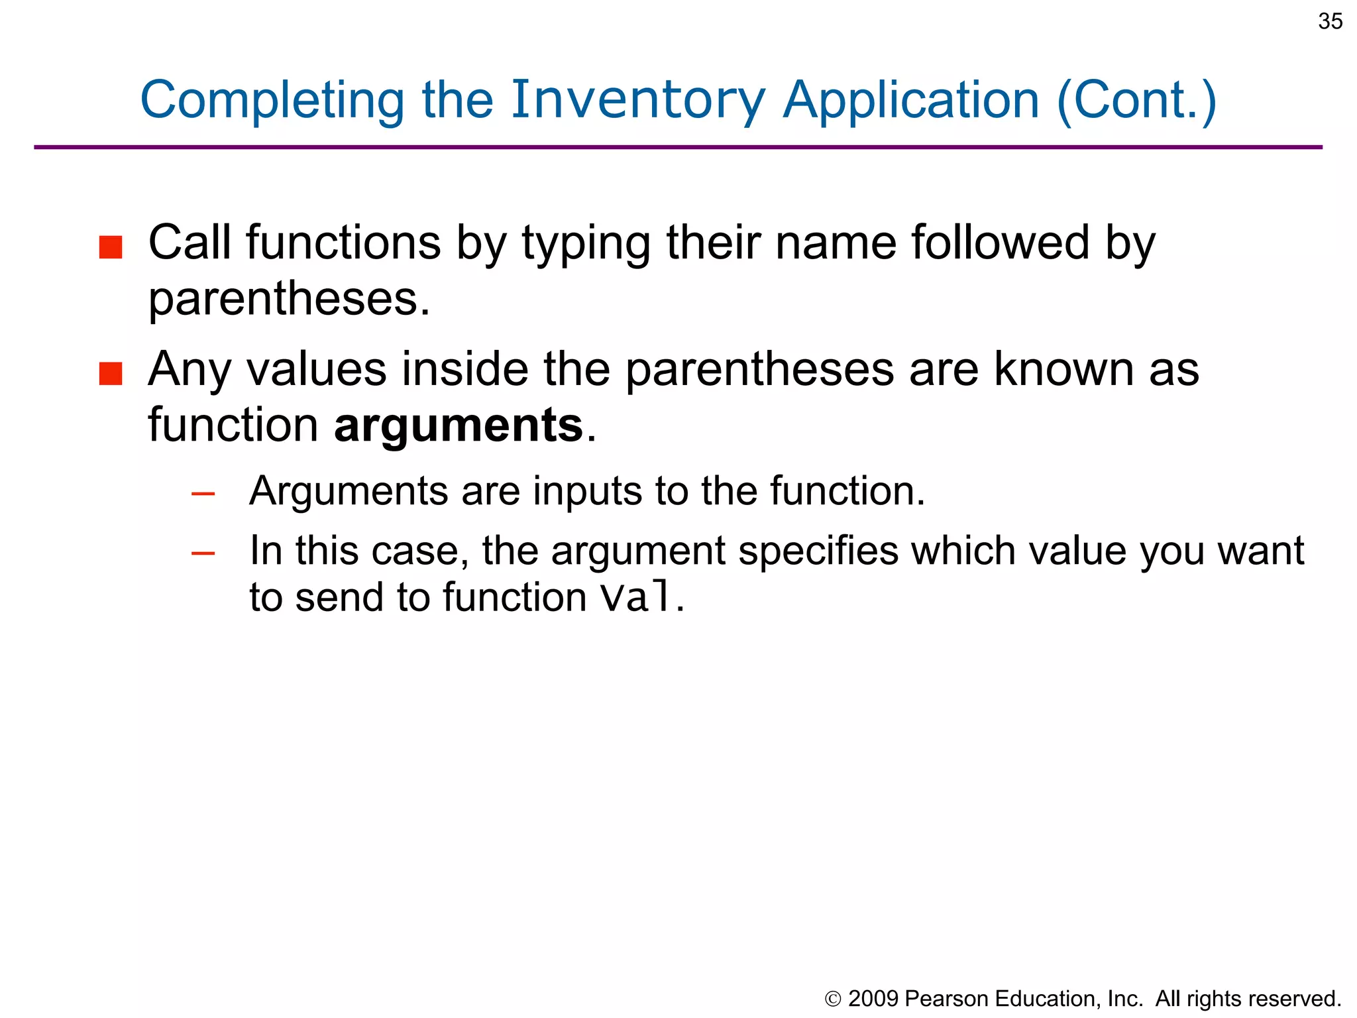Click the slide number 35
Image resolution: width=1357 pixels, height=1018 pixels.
[x=1330, y=22]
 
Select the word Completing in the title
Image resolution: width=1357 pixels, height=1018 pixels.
[x=272, y=101]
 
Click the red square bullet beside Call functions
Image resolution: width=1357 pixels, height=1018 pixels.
[x=111, y=247]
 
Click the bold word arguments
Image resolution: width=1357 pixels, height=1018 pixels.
[x=459, y=425]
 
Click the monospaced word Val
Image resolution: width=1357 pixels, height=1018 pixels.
[x=637, y=596]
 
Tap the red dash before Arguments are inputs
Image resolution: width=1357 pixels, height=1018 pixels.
[x=203, y=494]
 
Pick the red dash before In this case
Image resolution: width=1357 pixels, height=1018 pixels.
[x=203, y=553]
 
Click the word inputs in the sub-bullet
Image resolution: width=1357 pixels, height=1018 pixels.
[x=587, y=491]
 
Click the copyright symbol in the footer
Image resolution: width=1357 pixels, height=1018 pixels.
[x=833, y=999]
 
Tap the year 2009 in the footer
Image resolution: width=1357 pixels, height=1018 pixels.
[x=873, y=999]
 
